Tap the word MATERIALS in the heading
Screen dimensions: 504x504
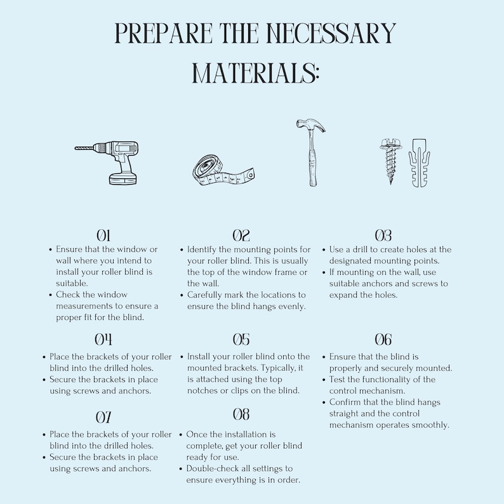pos(255,73)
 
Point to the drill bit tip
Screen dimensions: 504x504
pos(77,149)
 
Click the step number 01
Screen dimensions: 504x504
pos(103,236)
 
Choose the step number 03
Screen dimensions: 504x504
pos(383,236)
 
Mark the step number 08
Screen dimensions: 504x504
pos(241,415)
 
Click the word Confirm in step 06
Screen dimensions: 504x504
pos(347,402)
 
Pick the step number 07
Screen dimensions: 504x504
pos(103,417)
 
